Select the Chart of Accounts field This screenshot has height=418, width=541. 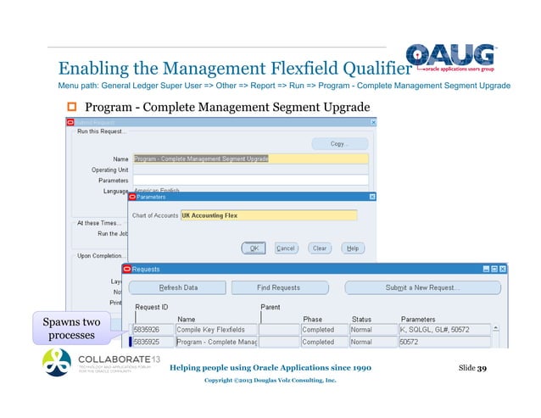point(268,215)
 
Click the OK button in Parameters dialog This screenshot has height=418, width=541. point(253,248)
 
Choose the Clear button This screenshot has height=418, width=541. point(319,248)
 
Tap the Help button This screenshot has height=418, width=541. point(352,248)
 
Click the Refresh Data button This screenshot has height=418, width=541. point(179,287)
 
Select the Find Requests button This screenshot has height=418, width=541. point(279,287)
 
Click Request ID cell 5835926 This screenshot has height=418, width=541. point(152,329)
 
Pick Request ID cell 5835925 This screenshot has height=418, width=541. point(152,342)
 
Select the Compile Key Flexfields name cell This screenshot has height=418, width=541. point(215,329)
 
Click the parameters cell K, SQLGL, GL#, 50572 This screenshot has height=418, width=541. point(444,329)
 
